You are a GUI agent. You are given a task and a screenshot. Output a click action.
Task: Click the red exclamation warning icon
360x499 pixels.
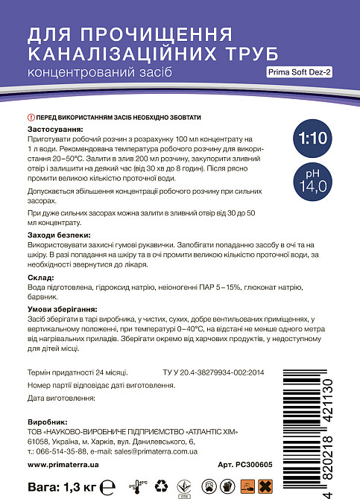(x=31, y=118)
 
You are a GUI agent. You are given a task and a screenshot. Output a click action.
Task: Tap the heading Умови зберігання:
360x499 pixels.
(x=63, y=309)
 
